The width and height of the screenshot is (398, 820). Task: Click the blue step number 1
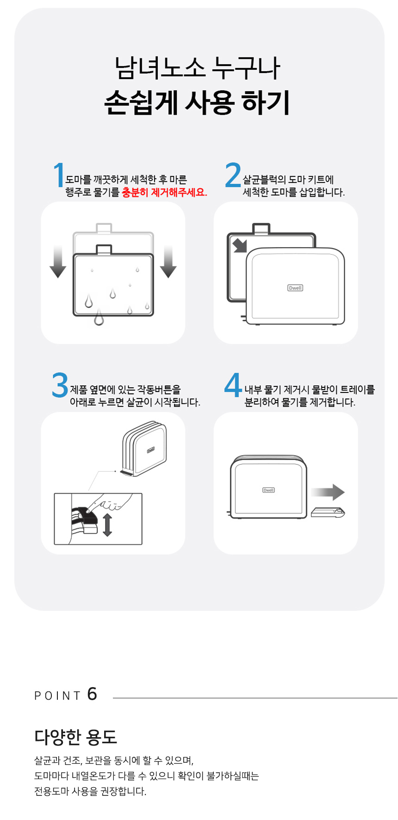pos(59,175)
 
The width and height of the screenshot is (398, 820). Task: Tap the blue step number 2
pos(233,175)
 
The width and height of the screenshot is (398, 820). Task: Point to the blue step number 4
pos(233,385)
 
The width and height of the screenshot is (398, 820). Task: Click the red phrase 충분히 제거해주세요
pos(164,193)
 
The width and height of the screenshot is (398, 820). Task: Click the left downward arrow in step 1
pos(58,262)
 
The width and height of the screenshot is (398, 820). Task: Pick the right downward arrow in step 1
pos(168,262)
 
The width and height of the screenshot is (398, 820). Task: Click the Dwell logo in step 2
pos(295,288)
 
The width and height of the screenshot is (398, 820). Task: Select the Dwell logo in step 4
pos(269,490)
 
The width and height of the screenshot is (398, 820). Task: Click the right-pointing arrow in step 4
pos(328,492)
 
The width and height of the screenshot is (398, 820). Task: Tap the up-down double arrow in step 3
pos(107,525)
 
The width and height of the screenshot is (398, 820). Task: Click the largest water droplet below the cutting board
pos(99,318)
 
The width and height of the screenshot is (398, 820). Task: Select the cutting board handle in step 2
pos(261,229)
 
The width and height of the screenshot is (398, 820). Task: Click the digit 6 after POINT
pos(92,694)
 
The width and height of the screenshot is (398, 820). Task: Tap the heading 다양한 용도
pos(76,737)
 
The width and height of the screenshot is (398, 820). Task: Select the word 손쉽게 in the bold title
pos(141,103)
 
